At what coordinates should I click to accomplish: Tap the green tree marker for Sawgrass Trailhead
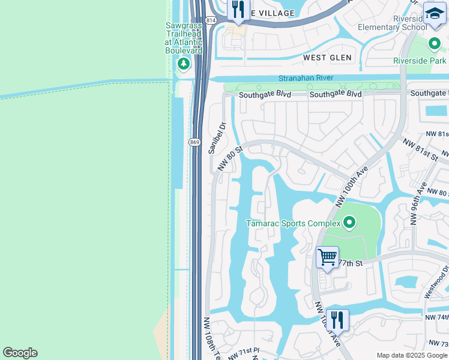click(x=184, y=64)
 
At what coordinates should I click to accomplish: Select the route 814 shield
click(x=210, y=20)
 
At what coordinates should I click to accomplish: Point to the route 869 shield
click(x=194, y=142)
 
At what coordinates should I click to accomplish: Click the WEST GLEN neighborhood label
click(x=327, y=58)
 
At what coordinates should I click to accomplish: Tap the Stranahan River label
click(x=306, y=79)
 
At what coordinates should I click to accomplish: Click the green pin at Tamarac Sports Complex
click(x=349, y=224)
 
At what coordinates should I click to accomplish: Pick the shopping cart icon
click(x=327, y=257)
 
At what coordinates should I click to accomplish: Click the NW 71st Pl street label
click(x=243, y=350)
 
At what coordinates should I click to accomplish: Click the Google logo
click(x=20, y=353)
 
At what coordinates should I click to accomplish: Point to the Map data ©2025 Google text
click(x=412, y=355)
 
